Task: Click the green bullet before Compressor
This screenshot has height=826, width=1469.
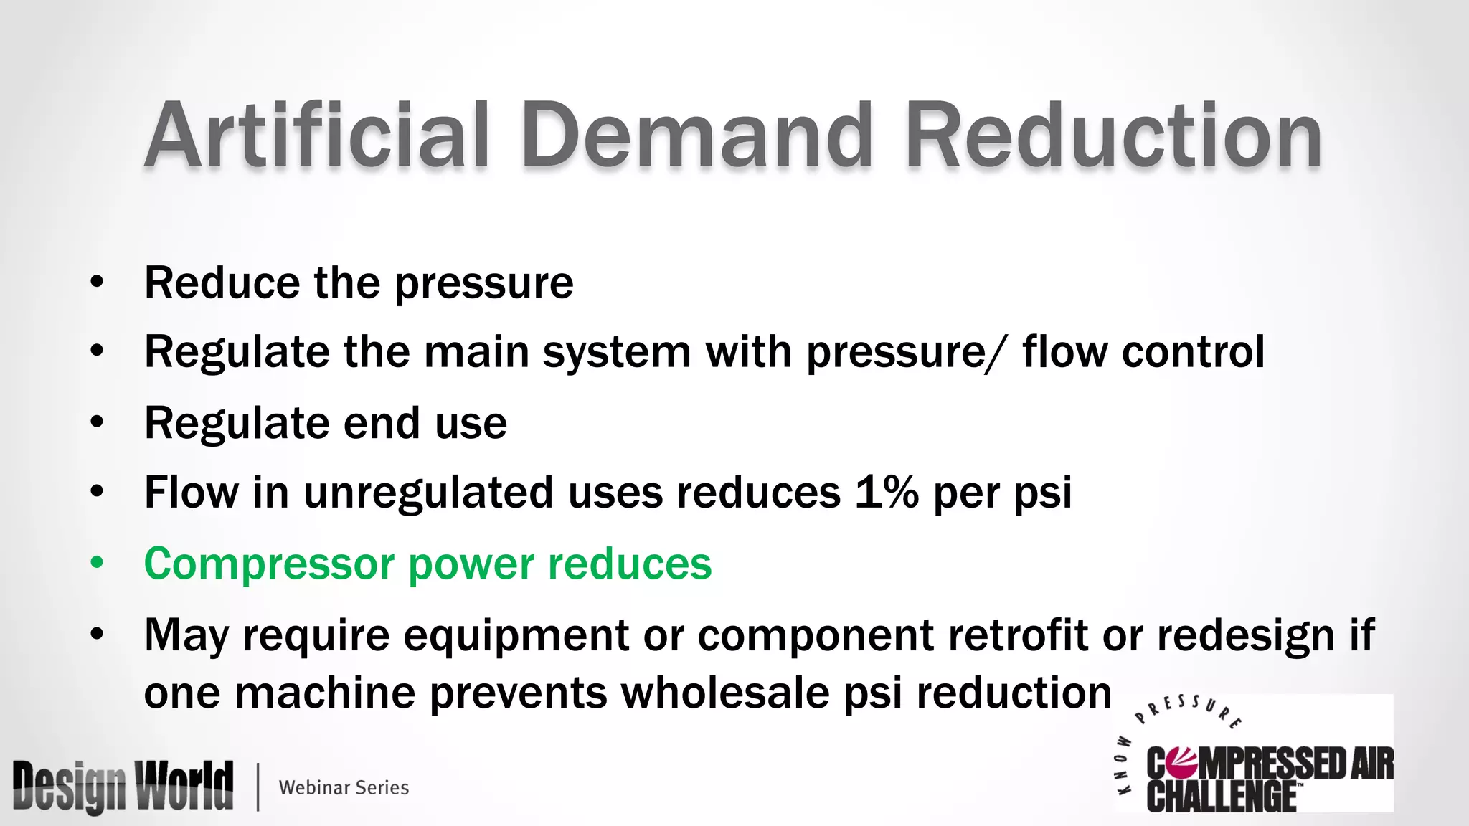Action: [97, 563]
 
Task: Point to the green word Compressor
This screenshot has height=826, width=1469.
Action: [270, 564]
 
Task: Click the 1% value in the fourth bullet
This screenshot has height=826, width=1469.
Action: [887, 493]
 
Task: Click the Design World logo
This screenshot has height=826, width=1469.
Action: [123, 787]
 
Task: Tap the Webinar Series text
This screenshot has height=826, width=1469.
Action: [344, 787]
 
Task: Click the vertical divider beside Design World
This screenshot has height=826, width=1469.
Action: [258, 787]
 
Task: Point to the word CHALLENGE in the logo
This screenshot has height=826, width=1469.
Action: [1221, 796]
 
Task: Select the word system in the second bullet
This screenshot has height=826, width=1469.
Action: [617, 353]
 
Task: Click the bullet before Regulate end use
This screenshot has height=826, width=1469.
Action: [97, 422]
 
